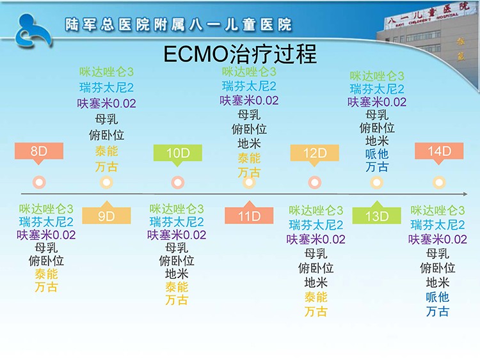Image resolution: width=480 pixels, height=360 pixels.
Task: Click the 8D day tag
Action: [39, 152]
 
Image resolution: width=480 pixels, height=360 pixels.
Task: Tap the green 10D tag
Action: [177, 153]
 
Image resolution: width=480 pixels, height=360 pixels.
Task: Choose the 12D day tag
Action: [314, 153]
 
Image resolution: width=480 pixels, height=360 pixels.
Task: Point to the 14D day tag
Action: [439, 152]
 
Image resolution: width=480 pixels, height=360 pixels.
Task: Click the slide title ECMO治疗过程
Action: [240, 54]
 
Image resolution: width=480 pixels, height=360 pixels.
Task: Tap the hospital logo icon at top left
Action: [33, 31]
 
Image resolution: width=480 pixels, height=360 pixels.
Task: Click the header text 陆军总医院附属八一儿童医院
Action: [178, 24]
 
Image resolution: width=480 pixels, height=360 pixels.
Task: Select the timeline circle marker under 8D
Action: [39, 182]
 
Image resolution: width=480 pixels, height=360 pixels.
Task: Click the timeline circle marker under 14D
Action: [439, 182]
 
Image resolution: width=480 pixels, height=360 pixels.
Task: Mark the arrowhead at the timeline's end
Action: [466, 194]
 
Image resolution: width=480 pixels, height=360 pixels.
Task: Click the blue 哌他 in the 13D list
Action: [377, 154]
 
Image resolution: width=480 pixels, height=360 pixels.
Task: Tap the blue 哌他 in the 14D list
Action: [438, 297]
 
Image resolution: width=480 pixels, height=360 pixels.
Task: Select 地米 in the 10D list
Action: [177, 274]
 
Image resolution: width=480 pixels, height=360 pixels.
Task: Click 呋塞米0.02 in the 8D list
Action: [46, 235]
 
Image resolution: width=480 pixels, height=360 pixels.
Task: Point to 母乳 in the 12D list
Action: [316, 254]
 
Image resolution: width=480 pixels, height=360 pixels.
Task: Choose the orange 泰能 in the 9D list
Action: [106, 151]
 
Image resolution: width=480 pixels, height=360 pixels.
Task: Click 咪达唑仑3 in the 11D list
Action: [249, 72]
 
